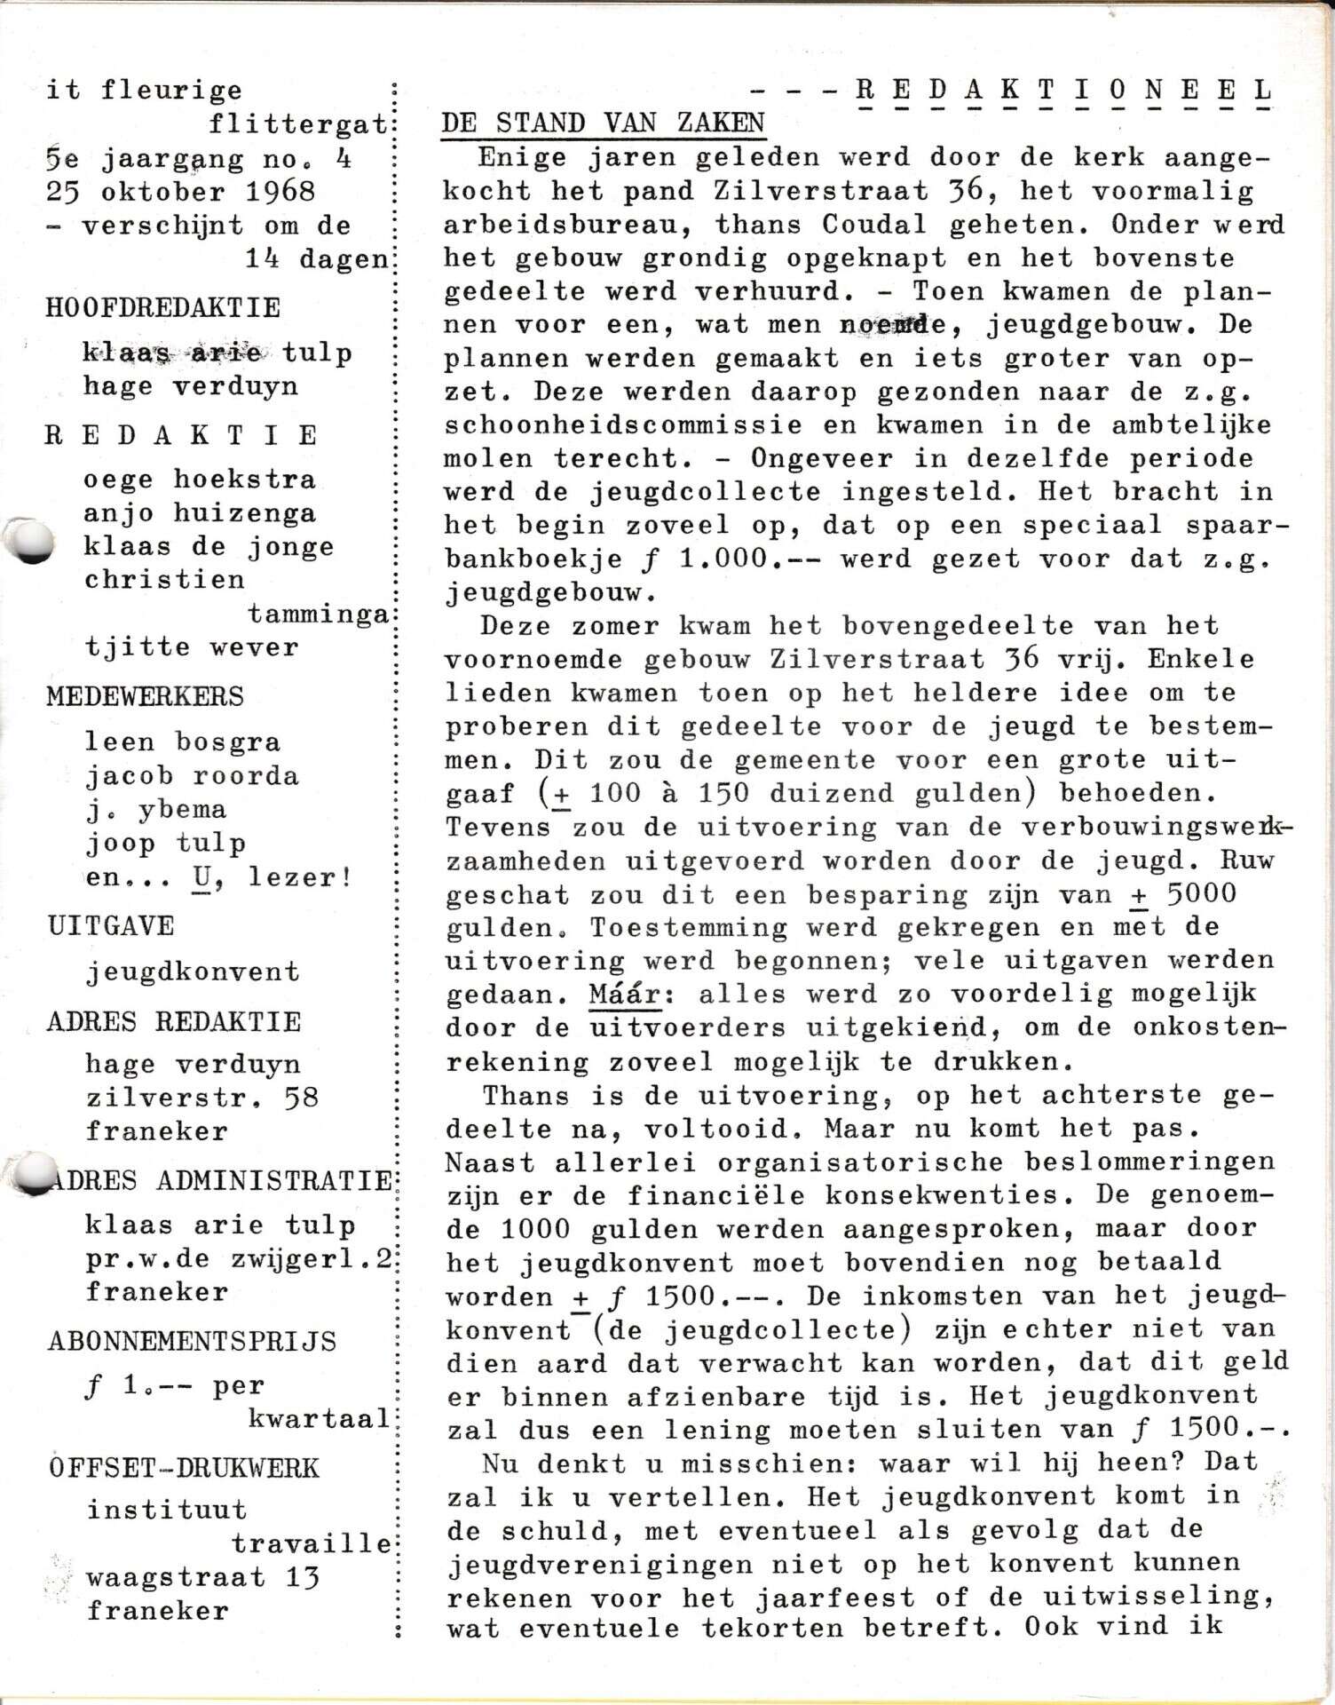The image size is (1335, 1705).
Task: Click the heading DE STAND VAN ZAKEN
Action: click(603, 122)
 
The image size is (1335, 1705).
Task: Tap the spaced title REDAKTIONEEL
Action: click(1063, 90)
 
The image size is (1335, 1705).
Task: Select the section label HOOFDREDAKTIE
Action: click(163, 308)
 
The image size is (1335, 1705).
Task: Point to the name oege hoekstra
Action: click(200, 480)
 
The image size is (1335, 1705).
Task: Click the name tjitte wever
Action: click(191, 646)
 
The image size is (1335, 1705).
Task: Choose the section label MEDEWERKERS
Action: click(145, 695)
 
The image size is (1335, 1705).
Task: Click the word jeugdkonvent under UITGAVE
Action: click(194, 971)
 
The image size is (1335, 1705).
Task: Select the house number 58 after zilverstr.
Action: click(300, 1098)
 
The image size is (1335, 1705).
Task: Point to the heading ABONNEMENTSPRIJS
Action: click(191, 1341)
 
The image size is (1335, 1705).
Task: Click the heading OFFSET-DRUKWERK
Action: click(184, 1468)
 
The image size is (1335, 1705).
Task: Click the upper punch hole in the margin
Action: click(29, 539)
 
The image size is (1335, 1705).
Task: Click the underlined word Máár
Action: click(625, 994)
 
